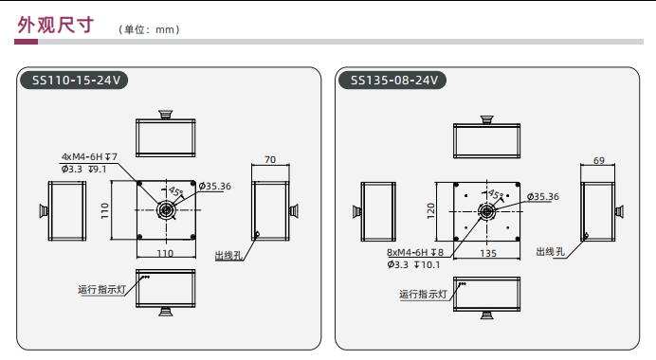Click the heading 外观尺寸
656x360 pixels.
[x=55, y=25]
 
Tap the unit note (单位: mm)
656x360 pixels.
[x=149, y=29]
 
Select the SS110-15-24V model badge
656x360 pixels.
[x=74, y=80]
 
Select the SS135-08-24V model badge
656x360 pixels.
[x=392, y=80]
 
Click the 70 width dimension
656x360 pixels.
[x=270, y=160]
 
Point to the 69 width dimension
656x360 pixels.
[x=599, y=160]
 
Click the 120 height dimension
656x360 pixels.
[x=431, y=210]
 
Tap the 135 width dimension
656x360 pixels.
[x=488, y=253]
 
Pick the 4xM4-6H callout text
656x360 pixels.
[x=89, y=157]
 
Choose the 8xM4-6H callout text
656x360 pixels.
[x=415, y=253]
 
